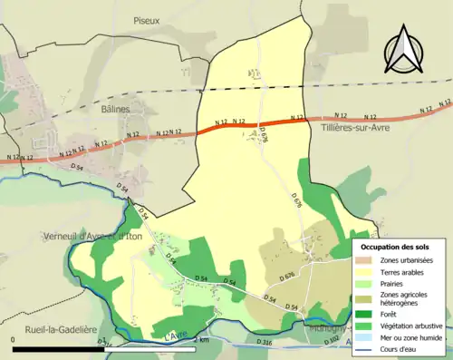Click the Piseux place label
pyautogui.click(x=146, y=20)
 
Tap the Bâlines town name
pyautogui.click(x=116, y=109)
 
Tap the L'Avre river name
pyautogui.click(x=177, y=336)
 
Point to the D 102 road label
pyautogui.click(x=332, y=341)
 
